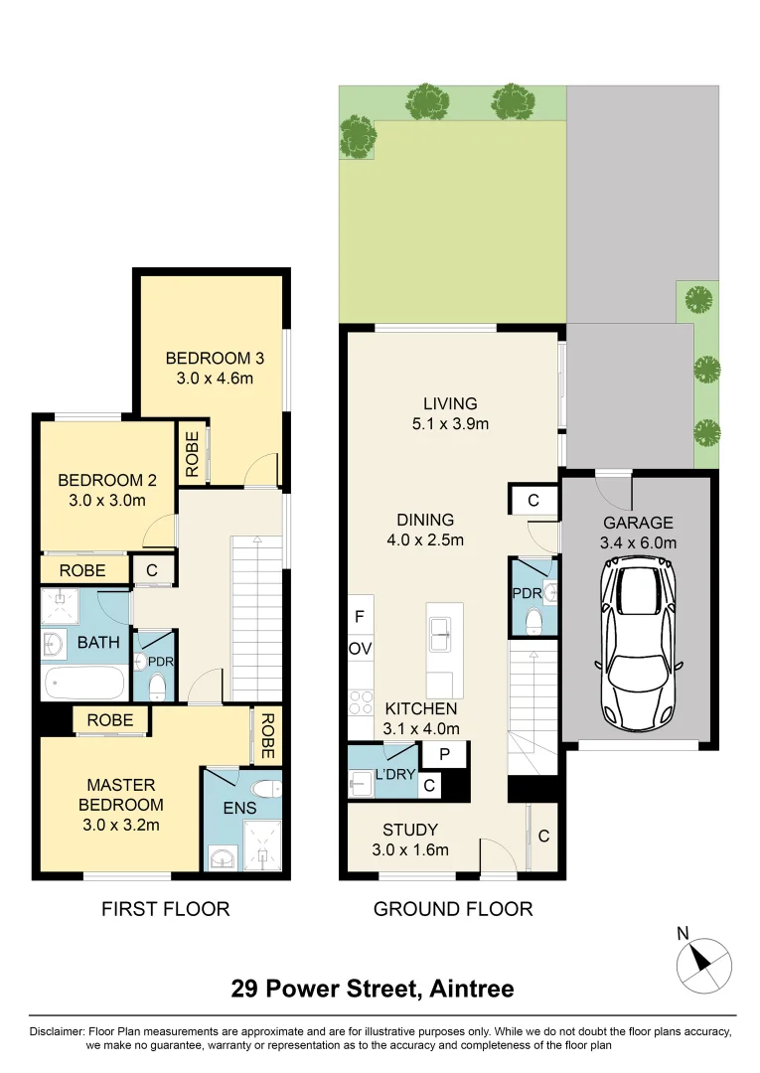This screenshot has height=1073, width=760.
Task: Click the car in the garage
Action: click(x=637, y=643)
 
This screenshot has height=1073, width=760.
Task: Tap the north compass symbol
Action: click(x=703, y=964)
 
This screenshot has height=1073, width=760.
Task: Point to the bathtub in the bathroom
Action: click(x=84, y=683)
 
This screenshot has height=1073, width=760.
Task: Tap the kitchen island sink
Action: click(x=440, y=632)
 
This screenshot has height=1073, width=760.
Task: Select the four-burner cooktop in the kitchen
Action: click(x=361, y=702)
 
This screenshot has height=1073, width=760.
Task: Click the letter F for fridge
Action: click(x=359, y=617)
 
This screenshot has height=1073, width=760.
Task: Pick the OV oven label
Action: click(x=361, y=649)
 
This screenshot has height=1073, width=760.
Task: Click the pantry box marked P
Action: click(x=445, y=754)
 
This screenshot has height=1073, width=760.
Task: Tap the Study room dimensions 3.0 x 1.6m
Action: click(x=410, y=849)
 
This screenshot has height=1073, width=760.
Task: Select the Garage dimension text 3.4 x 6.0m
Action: click(x=638, y=542)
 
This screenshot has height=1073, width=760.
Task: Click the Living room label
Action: click(x=450, y=403)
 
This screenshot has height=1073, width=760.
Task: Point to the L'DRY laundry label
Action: click(x=395, y=775)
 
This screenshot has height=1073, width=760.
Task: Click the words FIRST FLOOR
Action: click(x=166, y=909)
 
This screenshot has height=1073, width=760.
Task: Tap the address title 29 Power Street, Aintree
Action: click(x=373, y=989)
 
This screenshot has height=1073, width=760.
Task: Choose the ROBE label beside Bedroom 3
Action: click(x=192, y=454)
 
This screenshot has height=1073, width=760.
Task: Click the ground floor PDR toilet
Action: click(x=533, y=622)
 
